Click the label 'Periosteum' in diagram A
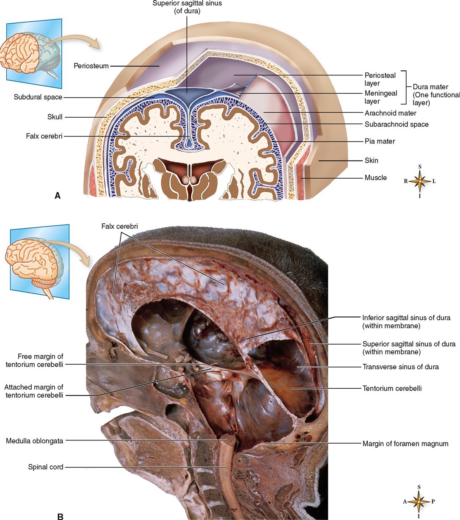coord(91,66)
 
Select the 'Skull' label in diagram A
coord(55,117)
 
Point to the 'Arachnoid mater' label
coord(390,113)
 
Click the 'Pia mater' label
coord(380,141)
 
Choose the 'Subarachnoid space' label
coord(397,124)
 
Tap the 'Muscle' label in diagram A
coord(375,178)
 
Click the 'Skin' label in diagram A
coord(371,160)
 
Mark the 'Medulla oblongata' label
coord(34,441)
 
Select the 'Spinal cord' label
coord(45,467)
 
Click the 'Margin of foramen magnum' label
coord(405,444)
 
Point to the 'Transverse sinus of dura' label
coord(400,367)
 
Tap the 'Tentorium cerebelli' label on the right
coord(392,388)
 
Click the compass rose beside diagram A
coord(419,181)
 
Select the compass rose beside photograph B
coord(419,501)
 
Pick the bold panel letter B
coord(60,516)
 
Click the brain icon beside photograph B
coord(33,261)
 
